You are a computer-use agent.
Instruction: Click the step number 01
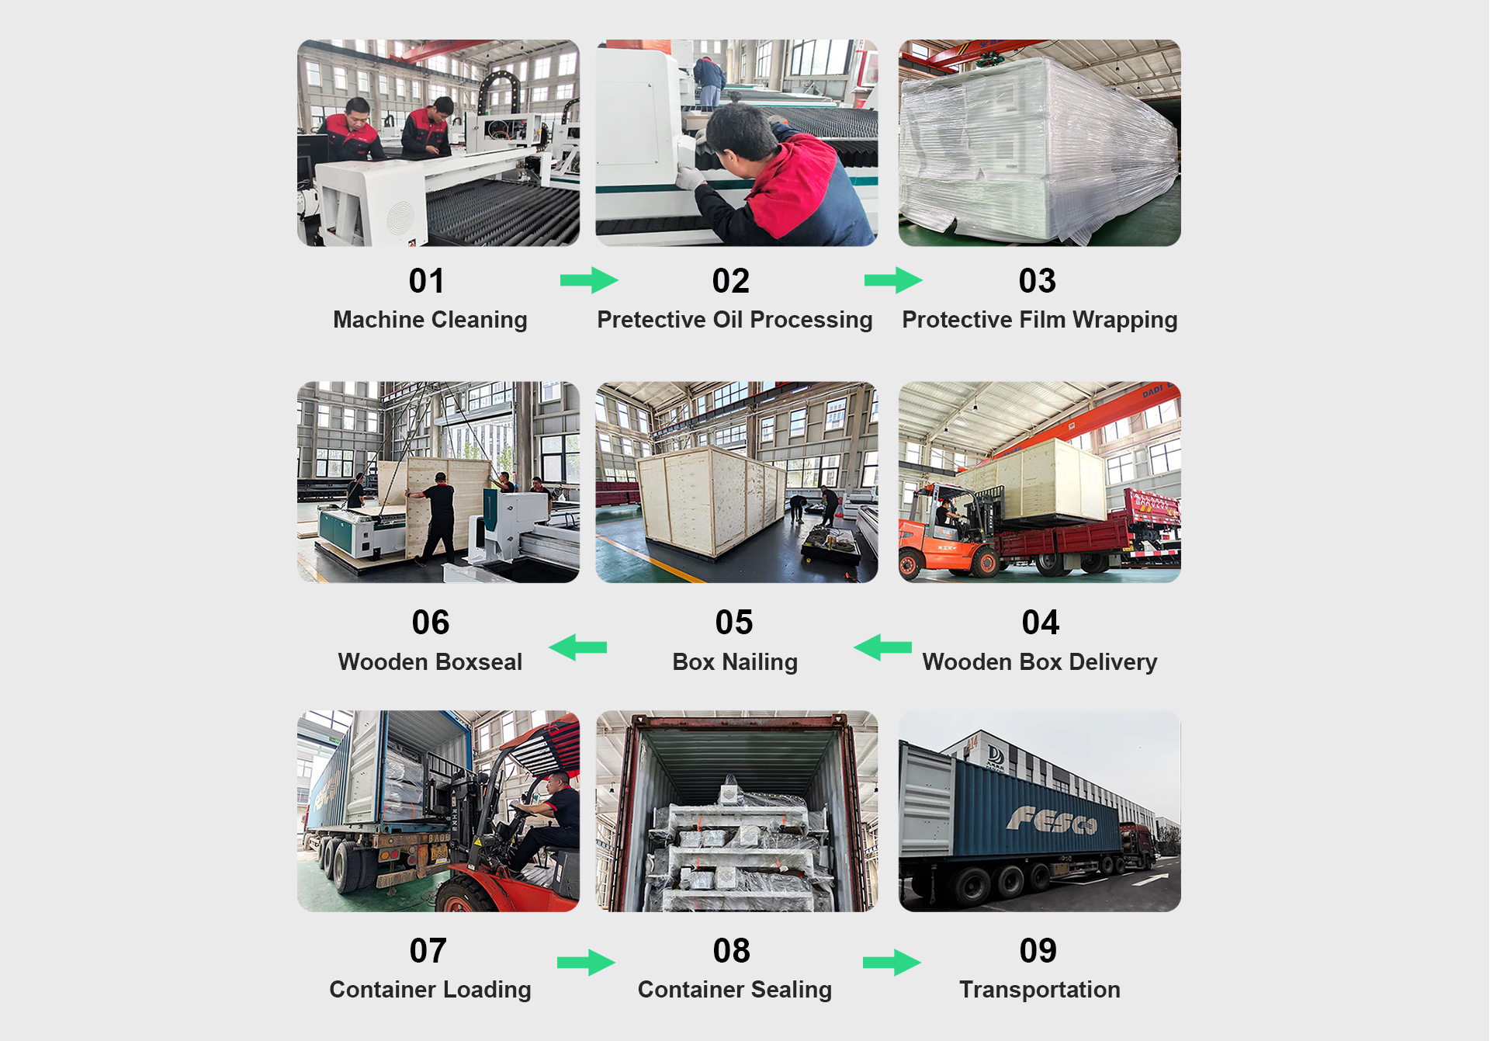(427, 281)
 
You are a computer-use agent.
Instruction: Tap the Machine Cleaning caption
(430, 320)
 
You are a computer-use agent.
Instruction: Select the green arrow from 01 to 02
(589, 280)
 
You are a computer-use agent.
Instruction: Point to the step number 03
(1038, 281)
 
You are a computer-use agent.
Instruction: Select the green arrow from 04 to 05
(882, 647)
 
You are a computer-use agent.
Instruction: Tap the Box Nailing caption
(734, 662)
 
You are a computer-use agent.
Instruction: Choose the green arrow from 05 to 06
(578, 647)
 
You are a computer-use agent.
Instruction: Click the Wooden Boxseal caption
(430, 662)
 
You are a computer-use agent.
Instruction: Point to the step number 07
(428, 951)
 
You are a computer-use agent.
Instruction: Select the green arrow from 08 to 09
(892, 963)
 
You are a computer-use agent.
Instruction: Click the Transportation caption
(1039, 990)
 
